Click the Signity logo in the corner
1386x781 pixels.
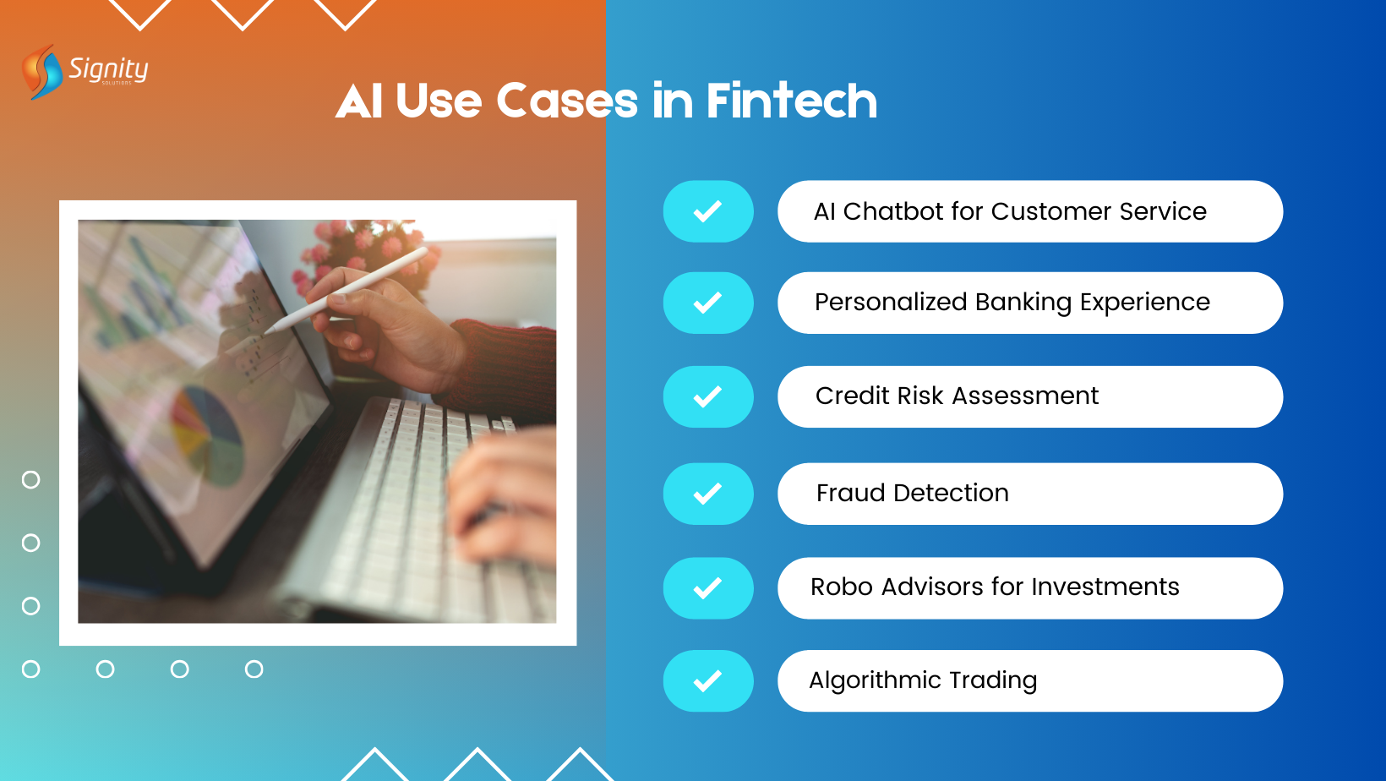85,71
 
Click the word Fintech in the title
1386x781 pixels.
791,101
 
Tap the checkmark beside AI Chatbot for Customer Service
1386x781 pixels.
707,211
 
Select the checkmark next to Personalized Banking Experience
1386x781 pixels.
707,303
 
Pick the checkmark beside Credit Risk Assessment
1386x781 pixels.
707,396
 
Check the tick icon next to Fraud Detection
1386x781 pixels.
707,494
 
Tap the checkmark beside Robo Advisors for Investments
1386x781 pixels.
707,588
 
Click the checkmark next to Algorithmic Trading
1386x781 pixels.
707,681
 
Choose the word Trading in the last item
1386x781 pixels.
992,680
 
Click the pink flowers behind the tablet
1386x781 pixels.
363,241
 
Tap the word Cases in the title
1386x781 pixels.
566,101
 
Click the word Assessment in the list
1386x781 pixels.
1025,396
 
